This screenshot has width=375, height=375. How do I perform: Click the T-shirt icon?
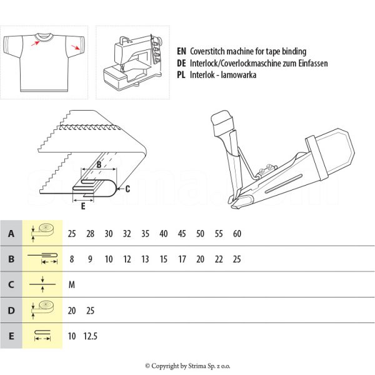point(44,62)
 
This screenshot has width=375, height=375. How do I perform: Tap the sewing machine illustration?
point(131,62)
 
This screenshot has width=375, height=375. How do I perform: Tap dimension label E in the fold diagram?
point(83,204)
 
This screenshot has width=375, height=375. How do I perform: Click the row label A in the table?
point(11,234)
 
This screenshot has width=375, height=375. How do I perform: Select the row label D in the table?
point(11,310)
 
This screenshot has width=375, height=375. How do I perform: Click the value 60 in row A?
point(237,234)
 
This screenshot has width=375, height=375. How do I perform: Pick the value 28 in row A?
point(91,234)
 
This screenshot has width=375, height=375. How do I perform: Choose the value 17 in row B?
point(182,259)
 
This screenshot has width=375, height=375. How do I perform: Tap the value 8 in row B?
point(72,259)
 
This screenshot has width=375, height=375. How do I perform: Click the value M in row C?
point(72,285)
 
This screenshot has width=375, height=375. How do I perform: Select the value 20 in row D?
point(72,310)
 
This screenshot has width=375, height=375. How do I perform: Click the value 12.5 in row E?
point(91,336)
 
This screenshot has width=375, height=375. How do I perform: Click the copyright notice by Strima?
point(187,366)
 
